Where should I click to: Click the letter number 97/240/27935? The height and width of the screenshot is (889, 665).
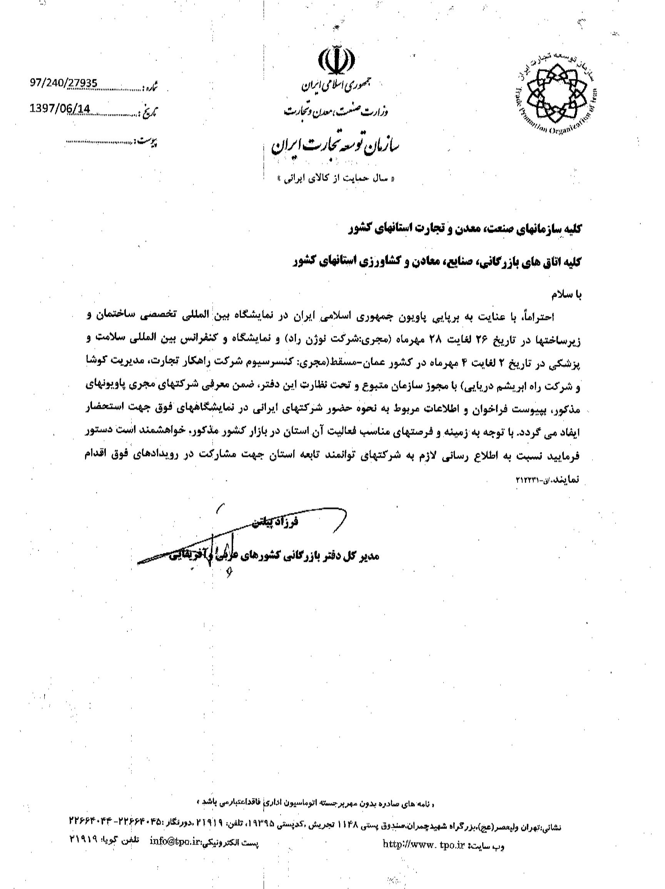[63, 83]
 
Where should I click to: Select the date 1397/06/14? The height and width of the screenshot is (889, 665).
[61, 109]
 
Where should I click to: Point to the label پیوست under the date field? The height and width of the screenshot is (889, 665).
[147, 142]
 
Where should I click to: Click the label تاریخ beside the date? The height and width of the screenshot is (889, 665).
[149, 113]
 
